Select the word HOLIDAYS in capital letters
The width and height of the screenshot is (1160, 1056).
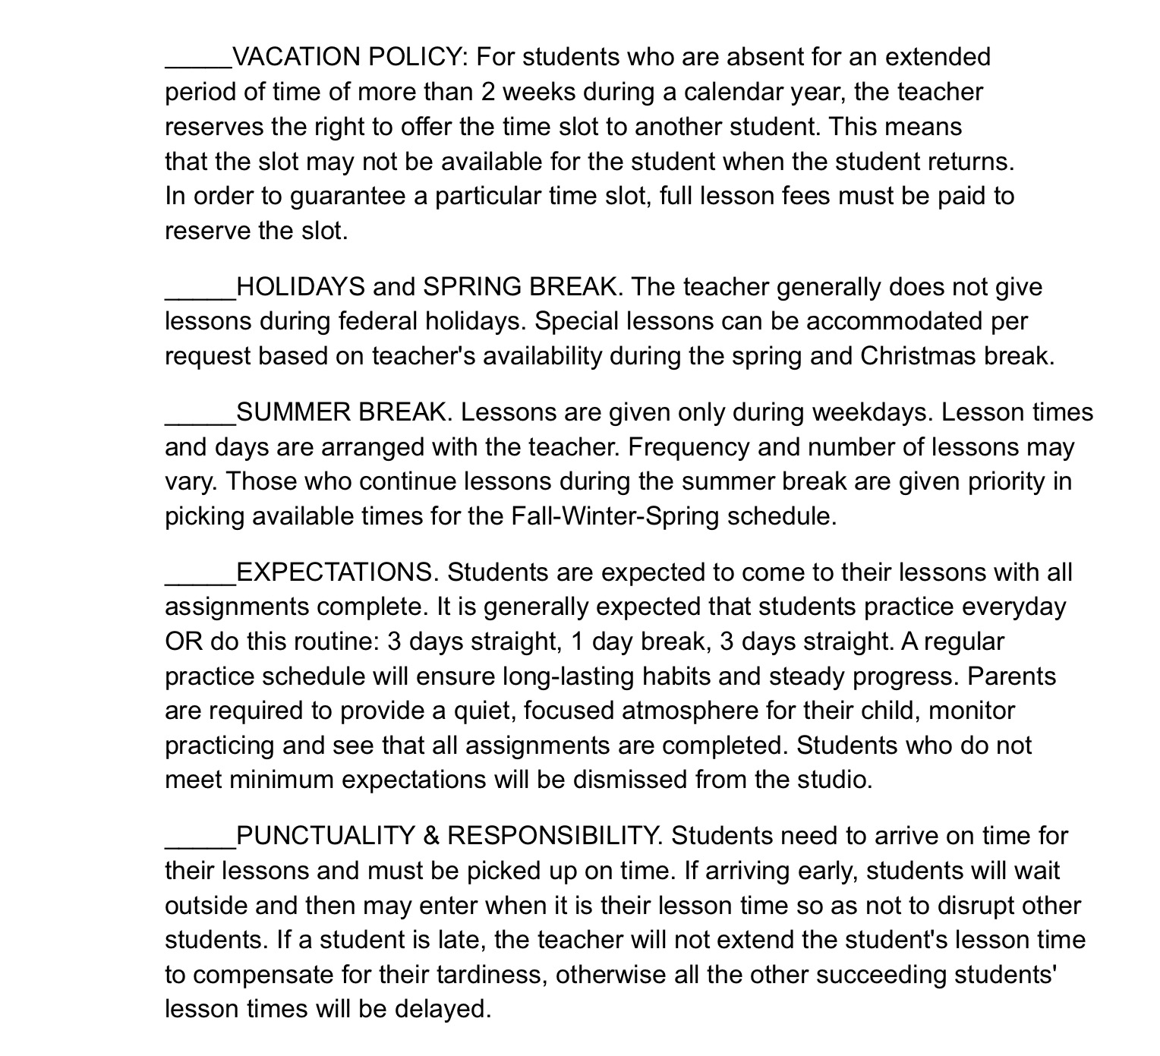[x=301, y=287]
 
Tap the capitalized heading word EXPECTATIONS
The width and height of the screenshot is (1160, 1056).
[x=336, y=572]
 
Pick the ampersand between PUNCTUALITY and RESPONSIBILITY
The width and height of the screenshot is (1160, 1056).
[x=431, y=836]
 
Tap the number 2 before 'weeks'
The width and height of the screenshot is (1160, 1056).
[x=488, y=92]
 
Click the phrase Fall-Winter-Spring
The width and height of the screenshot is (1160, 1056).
[x=614, y=516]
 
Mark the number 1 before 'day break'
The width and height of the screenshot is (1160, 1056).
[x=576, y=641]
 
